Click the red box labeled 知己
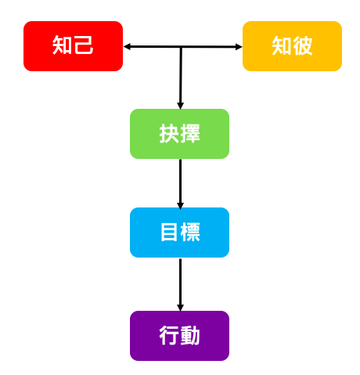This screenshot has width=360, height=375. (73, 46)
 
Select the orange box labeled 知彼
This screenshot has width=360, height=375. (292, 46)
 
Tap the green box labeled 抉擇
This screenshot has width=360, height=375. (179, 134)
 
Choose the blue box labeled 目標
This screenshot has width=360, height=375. (179, 233)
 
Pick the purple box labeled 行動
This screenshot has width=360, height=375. (179, 336)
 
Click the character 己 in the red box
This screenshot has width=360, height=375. (84, 45)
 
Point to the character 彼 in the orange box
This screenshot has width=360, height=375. (303, 45)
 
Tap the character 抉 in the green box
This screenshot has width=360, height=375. (169, 133)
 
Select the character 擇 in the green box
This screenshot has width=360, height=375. (190, 133)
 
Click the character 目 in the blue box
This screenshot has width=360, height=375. (169, 232)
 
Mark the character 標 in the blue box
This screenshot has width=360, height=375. (190, 232)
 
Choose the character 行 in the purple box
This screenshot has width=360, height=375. (169, 335)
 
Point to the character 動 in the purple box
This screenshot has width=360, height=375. (190, 335)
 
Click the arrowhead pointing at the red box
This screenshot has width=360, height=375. (127, 47)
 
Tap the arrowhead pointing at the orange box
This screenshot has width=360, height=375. (239, 47)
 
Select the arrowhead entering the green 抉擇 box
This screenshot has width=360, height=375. (180, 106)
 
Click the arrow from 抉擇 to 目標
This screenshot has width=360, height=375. (180, 184)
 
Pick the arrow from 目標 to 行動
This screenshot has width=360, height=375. (180, 285)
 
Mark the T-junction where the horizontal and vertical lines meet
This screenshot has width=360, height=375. (180, 47)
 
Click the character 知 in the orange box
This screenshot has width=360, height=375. (282, 45)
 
